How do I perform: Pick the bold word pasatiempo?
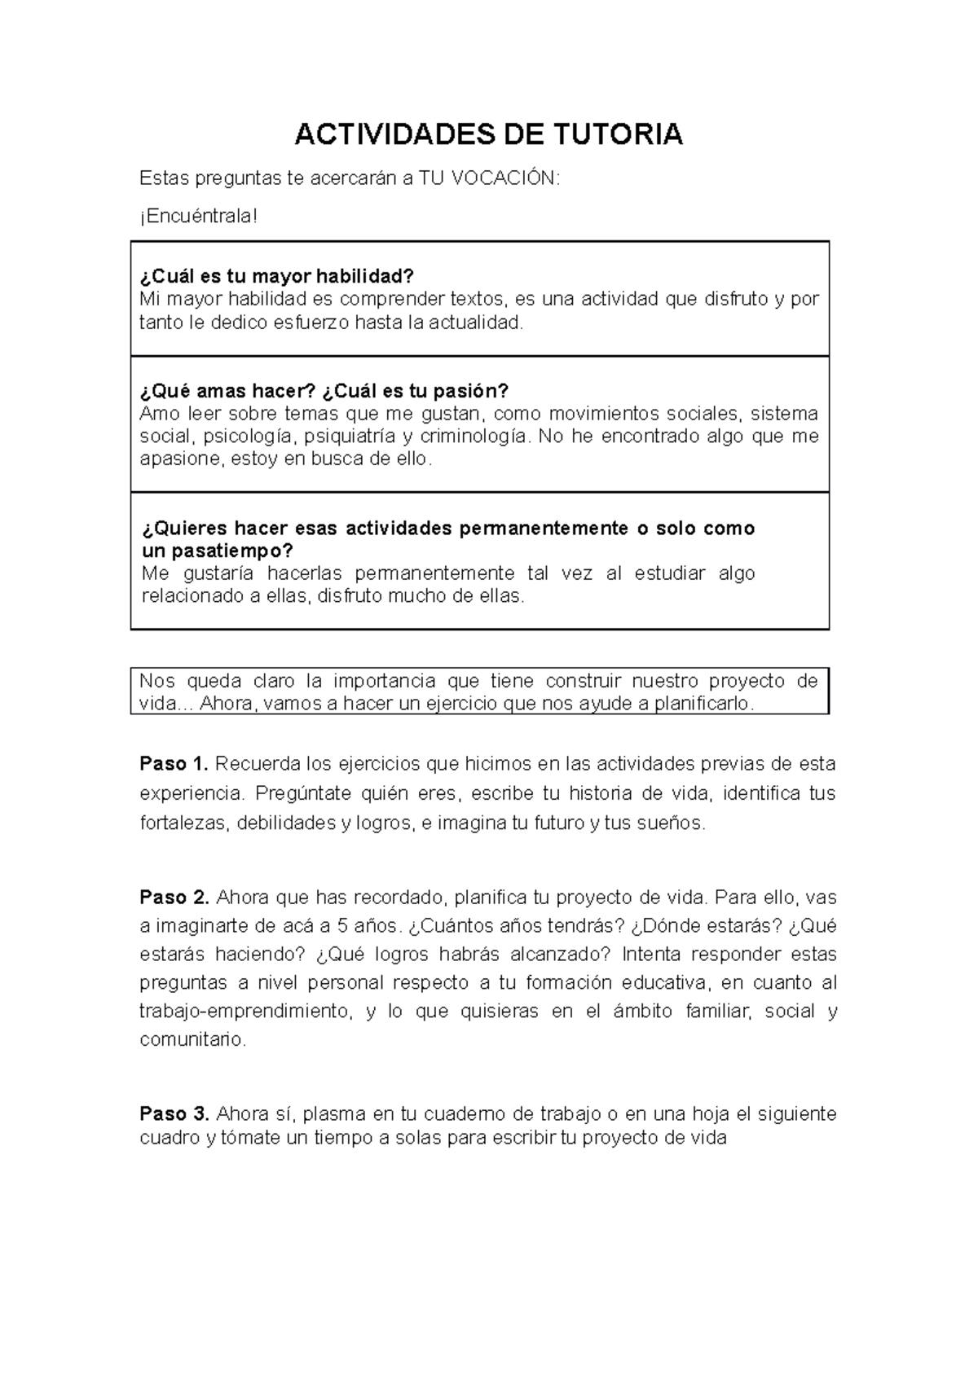218,550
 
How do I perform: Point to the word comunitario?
192,1039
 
